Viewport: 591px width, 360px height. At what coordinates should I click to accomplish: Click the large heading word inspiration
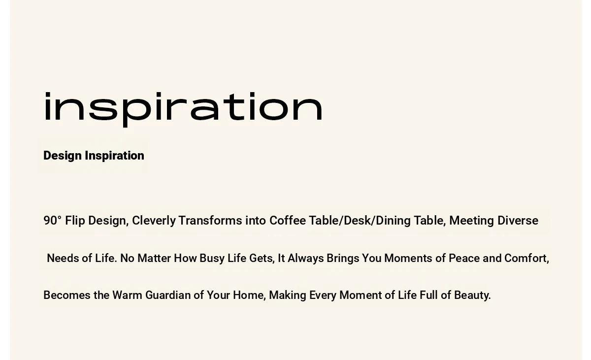tap(183, 109)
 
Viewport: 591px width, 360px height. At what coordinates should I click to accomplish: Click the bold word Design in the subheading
tap(63, 156)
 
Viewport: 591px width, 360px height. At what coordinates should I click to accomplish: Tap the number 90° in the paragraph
tap(52, 221)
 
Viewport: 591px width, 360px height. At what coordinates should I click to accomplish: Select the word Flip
tap(75, 221)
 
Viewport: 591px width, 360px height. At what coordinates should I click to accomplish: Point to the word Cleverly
tap(154, 221)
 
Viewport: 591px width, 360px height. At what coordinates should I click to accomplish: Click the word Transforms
tap(210, 221)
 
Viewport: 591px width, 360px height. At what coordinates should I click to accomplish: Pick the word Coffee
tap(288, 221)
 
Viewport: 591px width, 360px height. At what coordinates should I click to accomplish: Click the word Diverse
tap(518, 221)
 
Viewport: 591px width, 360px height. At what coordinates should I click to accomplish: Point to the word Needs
tap(63, 258)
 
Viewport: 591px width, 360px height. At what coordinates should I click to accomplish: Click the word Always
tap(305, 259)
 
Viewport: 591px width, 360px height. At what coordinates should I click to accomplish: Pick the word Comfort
tap(526, 259)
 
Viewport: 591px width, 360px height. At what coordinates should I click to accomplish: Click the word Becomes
tap(67, 295)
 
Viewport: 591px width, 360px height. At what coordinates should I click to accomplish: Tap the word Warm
tap(127, 295)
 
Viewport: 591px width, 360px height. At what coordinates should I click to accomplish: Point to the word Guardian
tap(168, 295)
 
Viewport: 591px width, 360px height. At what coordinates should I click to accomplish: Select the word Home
tap(249, 295)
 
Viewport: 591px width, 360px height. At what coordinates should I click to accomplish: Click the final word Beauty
tap(472, 295)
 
